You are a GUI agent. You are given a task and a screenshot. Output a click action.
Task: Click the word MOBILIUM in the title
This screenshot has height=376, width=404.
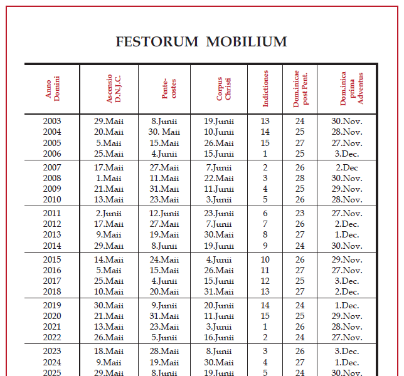coord(247,42)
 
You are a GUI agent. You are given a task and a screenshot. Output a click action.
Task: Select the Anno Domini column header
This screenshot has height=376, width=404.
coord(52,88)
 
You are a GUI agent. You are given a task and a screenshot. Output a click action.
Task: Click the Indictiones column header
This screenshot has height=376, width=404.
coord(265,88)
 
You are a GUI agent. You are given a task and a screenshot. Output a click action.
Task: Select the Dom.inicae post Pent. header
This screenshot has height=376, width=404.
coord(300,88)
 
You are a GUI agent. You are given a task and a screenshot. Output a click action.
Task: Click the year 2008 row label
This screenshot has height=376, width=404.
coord(52,178)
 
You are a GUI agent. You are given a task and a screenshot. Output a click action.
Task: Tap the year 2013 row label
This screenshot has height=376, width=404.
coord(52,235)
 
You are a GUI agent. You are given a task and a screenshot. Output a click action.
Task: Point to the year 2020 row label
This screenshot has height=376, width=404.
coord(52,316)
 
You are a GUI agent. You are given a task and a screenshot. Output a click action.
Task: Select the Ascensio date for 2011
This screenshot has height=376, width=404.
coord(109,214)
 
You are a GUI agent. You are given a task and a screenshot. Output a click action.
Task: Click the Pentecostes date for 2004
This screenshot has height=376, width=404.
coord(164,132)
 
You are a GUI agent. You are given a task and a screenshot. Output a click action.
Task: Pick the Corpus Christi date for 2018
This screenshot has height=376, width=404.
coord(219,292)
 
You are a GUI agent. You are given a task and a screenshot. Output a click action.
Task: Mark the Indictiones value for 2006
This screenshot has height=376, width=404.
coord(265,154)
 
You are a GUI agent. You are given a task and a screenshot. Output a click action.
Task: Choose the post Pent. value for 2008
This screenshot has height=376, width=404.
coord(300,178)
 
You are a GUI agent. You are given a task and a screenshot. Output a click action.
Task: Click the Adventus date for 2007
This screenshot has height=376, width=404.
coord(347,167)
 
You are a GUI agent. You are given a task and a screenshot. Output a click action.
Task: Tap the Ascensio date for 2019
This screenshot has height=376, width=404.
coord(109,305)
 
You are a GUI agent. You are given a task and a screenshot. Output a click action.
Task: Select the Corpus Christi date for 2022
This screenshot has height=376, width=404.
coord(219,338)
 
